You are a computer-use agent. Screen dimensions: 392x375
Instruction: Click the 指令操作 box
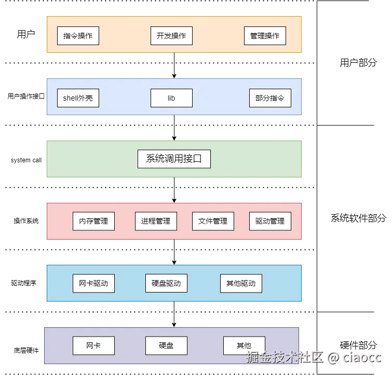tap(78, 36)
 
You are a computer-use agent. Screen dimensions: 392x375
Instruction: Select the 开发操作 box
tap(171, 36)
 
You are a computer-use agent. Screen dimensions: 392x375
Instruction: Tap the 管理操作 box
tap(265, 36)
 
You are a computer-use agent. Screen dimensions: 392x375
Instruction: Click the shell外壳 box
tap(78, 98)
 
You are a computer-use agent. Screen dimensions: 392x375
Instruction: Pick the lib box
tap(171, 98)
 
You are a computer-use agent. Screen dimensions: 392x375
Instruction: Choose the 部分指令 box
tap(270, 98)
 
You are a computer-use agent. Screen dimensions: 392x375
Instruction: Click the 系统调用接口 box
tap(174, 159)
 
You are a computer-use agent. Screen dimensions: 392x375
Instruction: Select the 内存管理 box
tap(93, 221)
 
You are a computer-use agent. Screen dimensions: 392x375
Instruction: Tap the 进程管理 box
tap(156, 221)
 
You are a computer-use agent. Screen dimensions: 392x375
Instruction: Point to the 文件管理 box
tap(213, 221)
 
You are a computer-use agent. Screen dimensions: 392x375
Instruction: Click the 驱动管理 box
tap(270, 221)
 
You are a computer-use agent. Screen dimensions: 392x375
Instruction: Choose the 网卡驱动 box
tap(93, 283)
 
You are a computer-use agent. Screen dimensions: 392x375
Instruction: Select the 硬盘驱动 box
tap(166, 283)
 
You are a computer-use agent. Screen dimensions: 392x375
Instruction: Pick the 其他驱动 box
tap(241, 283)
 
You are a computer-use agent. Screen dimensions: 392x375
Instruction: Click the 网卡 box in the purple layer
tap(93, 345)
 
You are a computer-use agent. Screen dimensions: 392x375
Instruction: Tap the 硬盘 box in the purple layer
tap(166, 345)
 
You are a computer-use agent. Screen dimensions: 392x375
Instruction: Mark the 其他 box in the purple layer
tap(244, 345)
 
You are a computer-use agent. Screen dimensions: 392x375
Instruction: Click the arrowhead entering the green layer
tap(174, 138)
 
